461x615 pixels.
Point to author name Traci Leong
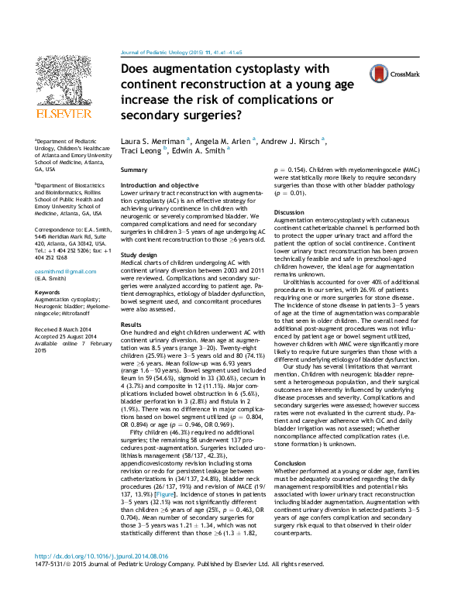pyautogui.click(x=139, y=152)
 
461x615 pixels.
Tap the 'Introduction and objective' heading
pyautogui.click(x=160, y=186)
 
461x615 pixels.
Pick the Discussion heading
pyautogui.click(x=289, y=212)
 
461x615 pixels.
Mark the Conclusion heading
pyautogui.click(x=290, y=463)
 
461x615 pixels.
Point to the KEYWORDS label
pyautogui.click(x=47, y=292)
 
